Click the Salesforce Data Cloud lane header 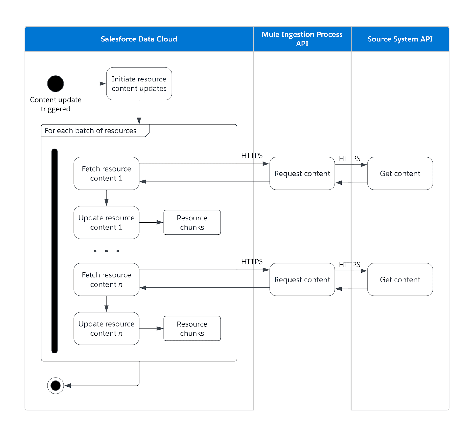point(139,39)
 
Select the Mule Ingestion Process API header point(302,39)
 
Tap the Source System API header point(400,39)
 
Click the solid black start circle point(55,84)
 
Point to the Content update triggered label point(55,104)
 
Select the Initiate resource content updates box point(139,84)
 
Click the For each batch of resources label point(90,131)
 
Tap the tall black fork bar point(55,251)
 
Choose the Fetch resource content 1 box point(106,173)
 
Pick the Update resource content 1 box point(106,223)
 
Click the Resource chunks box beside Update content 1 point(192,223)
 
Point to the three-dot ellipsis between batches point(106,251)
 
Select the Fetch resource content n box point(106,279)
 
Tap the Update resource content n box point(106,328)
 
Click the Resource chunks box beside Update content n point(192,328)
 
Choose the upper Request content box point(302,173)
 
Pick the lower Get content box point(400,279)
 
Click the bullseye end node point(55,386)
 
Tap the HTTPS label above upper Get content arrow point(349,158)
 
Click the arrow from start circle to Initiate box point(84,84)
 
